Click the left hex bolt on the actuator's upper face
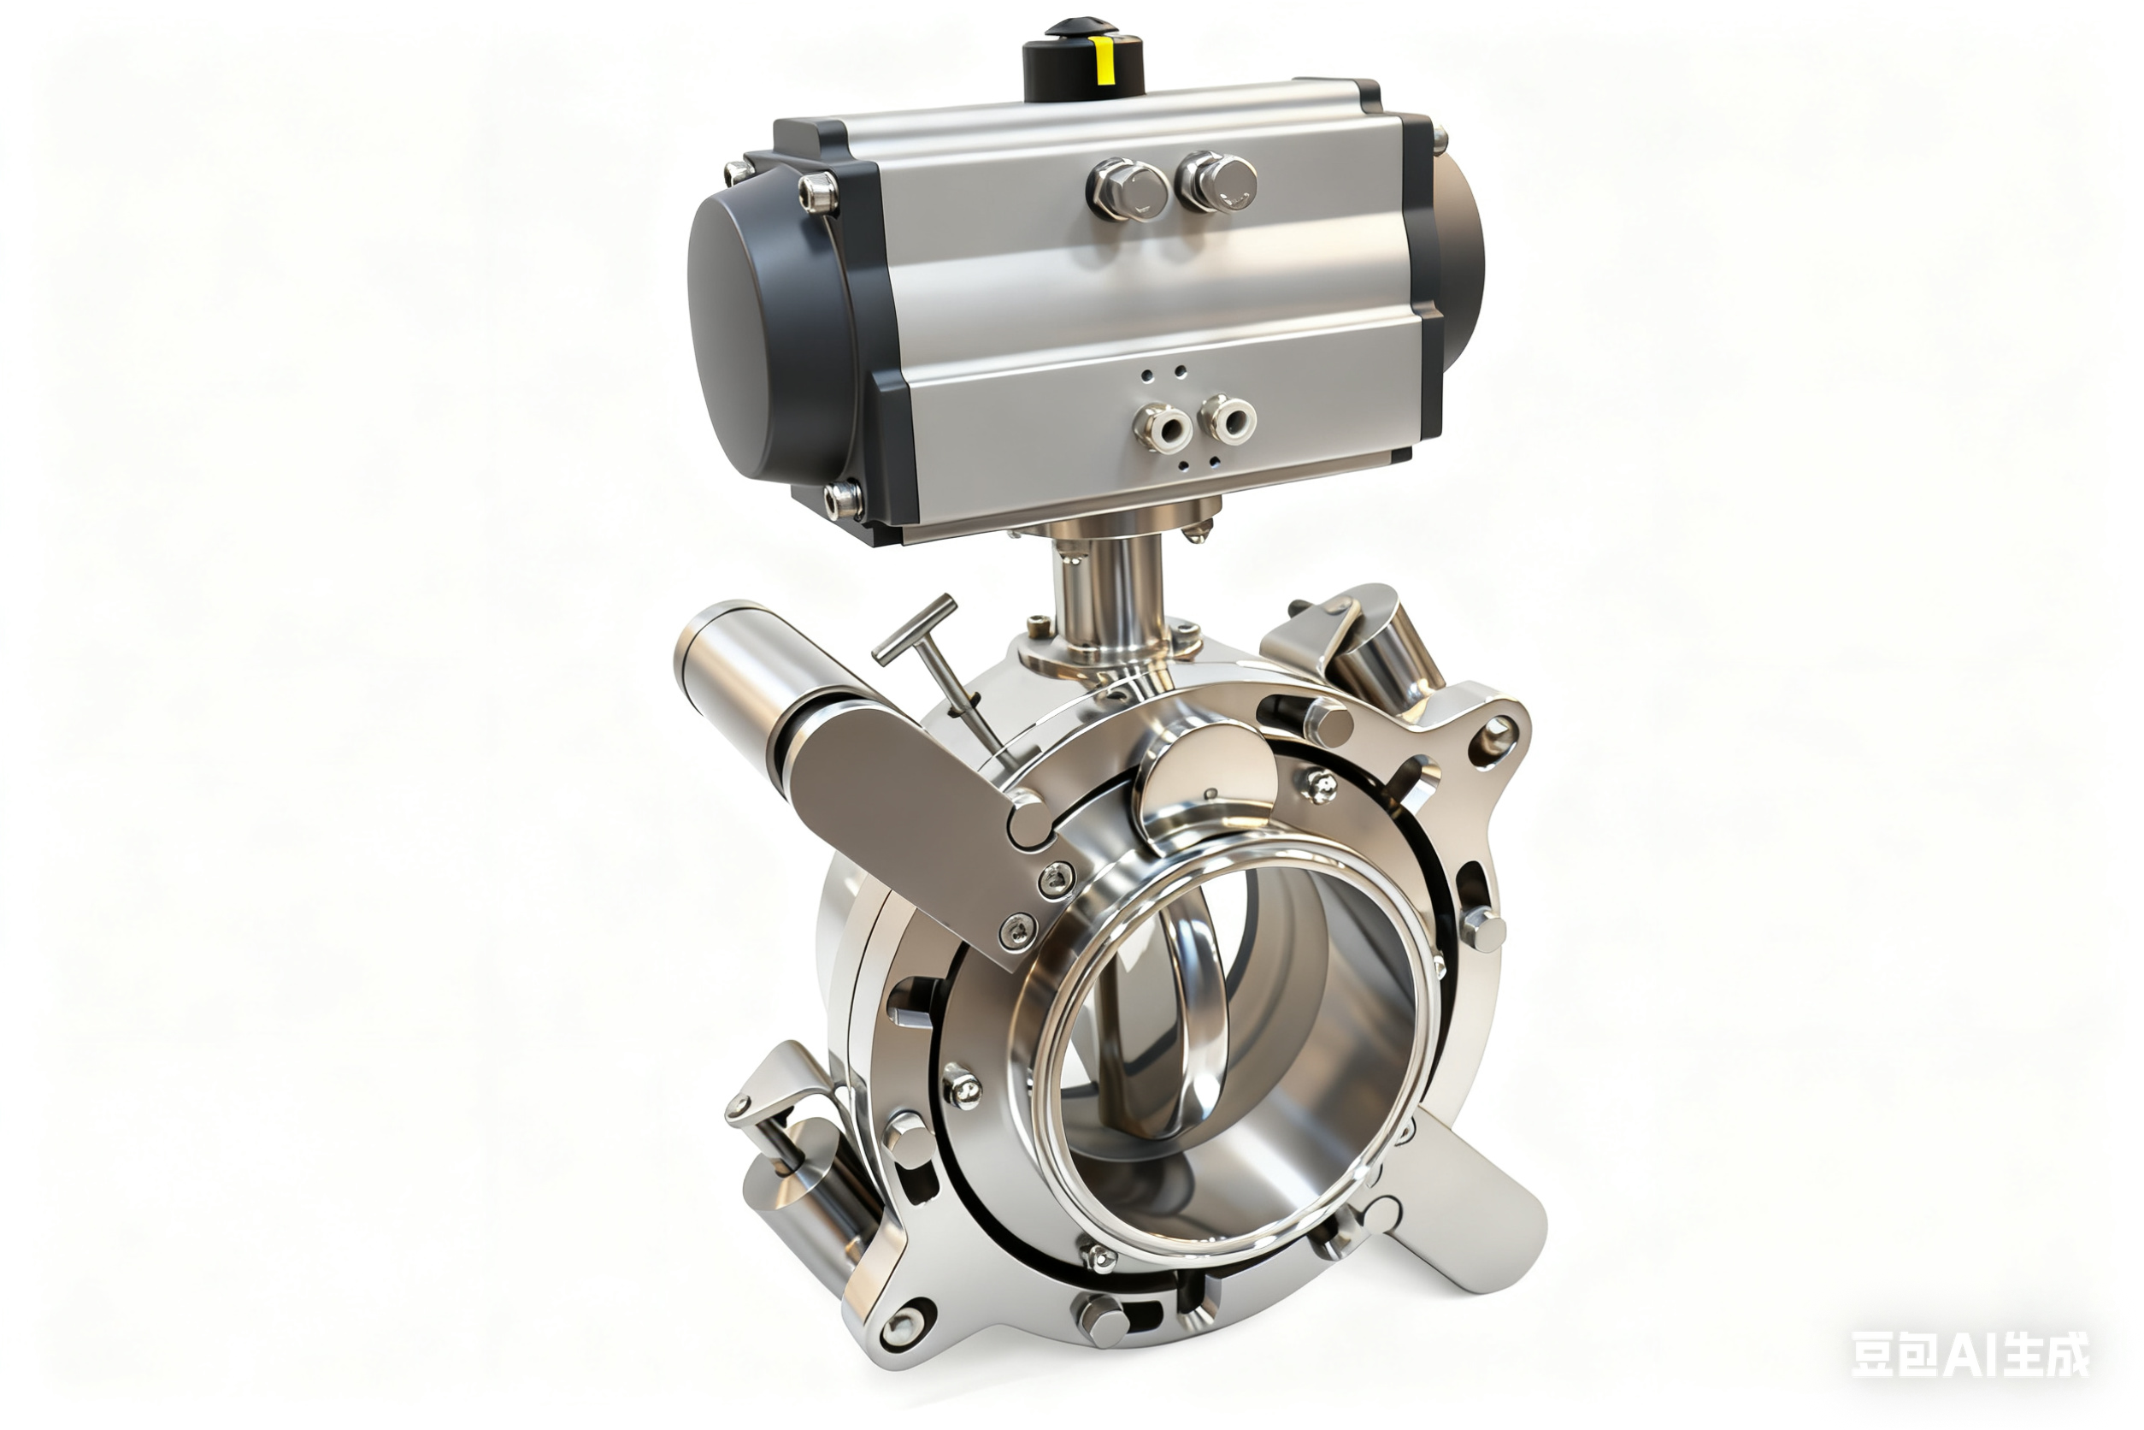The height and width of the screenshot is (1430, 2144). coord(1128,190)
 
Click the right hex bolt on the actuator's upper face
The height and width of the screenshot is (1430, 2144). coord(1217,180)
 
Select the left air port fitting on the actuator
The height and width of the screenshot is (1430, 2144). coord(1163,427)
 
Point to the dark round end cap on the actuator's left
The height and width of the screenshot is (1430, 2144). coord(766,328)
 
